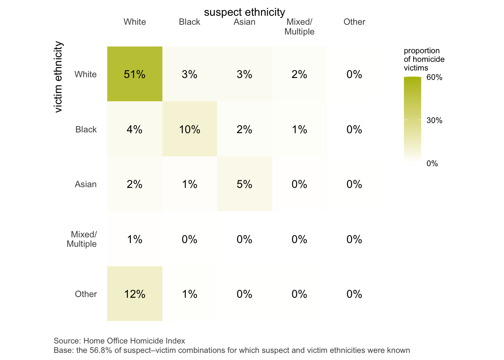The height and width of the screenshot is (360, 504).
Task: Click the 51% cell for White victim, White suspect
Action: (x=135, y=74)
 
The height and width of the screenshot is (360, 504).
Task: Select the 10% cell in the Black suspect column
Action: (x=189, y=129)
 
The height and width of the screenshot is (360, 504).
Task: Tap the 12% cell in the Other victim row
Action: (x=135, y=294)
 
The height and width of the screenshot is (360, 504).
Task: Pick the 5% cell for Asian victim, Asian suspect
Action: (x=244, y=184)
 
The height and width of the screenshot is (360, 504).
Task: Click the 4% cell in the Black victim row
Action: (x=135, y=129)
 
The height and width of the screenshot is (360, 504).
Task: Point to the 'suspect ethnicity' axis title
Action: (x=244, y=12)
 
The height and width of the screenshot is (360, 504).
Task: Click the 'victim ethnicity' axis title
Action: (x=58, y=77)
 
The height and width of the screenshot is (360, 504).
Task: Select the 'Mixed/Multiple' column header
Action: (x=299, y=27)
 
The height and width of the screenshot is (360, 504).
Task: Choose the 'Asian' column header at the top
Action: (x=244, y=22)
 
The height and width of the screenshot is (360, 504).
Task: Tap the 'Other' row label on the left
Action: (x=86, y=294)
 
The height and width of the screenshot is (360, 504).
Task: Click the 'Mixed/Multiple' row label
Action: (x=82, y=239)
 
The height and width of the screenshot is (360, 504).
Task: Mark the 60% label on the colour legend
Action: (x=434, y=78)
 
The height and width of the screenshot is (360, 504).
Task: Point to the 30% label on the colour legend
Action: (x=434, y=120)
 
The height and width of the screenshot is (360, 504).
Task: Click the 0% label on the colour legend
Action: (x=432, y=163)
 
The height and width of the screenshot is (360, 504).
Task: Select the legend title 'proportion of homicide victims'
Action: (x=424, y=59)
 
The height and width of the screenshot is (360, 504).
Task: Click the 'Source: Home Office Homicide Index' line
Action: (x=119, y=341)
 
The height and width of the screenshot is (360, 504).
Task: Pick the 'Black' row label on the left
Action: (x=86, y=129)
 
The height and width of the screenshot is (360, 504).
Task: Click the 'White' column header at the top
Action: (x=135, y=22)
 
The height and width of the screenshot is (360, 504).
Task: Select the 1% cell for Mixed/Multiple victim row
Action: (x=135, y=239)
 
